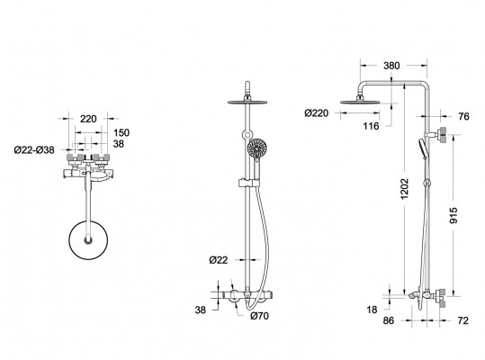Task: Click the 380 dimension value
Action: [x=391, y=66]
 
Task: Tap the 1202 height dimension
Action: [x=404, y=188]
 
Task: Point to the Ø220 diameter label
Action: [x=316, y=113]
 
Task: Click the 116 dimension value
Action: [x=371, y=126]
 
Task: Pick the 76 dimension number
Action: [x=463, y=117]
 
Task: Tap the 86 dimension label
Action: [x=389, y=320]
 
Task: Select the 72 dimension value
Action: [x=463, y=320]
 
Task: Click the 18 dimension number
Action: [x=372, y=310]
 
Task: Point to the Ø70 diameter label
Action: [x=259, y=316]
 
